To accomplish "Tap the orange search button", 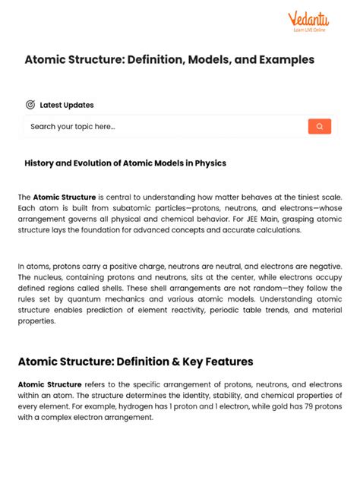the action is [x=319, y=127].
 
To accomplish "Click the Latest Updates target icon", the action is [x=30, y=105].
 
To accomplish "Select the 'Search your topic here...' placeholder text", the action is [x=73, y=127].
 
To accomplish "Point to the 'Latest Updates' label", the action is [x=67, y=105].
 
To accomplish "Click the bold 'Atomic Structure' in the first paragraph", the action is [x=65, y=197].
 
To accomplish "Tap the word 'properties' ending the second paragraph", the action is [x=37, y=321].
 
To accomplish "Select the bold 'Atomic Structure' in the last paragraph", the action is [x=50, y=384].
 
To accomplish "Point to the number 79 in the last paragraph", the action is [x=304, y=406].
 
